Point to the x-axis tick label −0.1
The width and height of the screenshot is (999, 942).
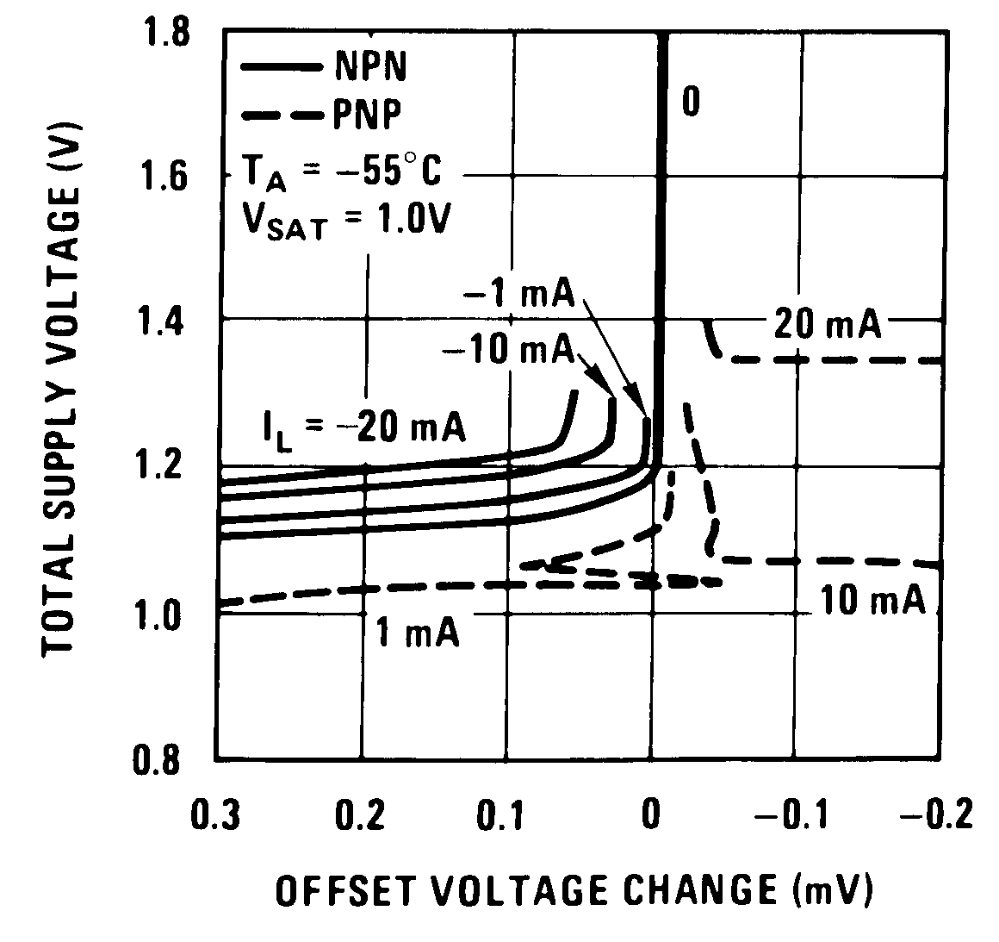coord(787,814)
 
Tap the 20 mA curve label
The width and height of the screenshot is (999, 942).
coord(827,325)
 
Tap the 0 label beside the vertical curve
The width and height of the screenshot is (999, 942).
coord(690,101)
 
